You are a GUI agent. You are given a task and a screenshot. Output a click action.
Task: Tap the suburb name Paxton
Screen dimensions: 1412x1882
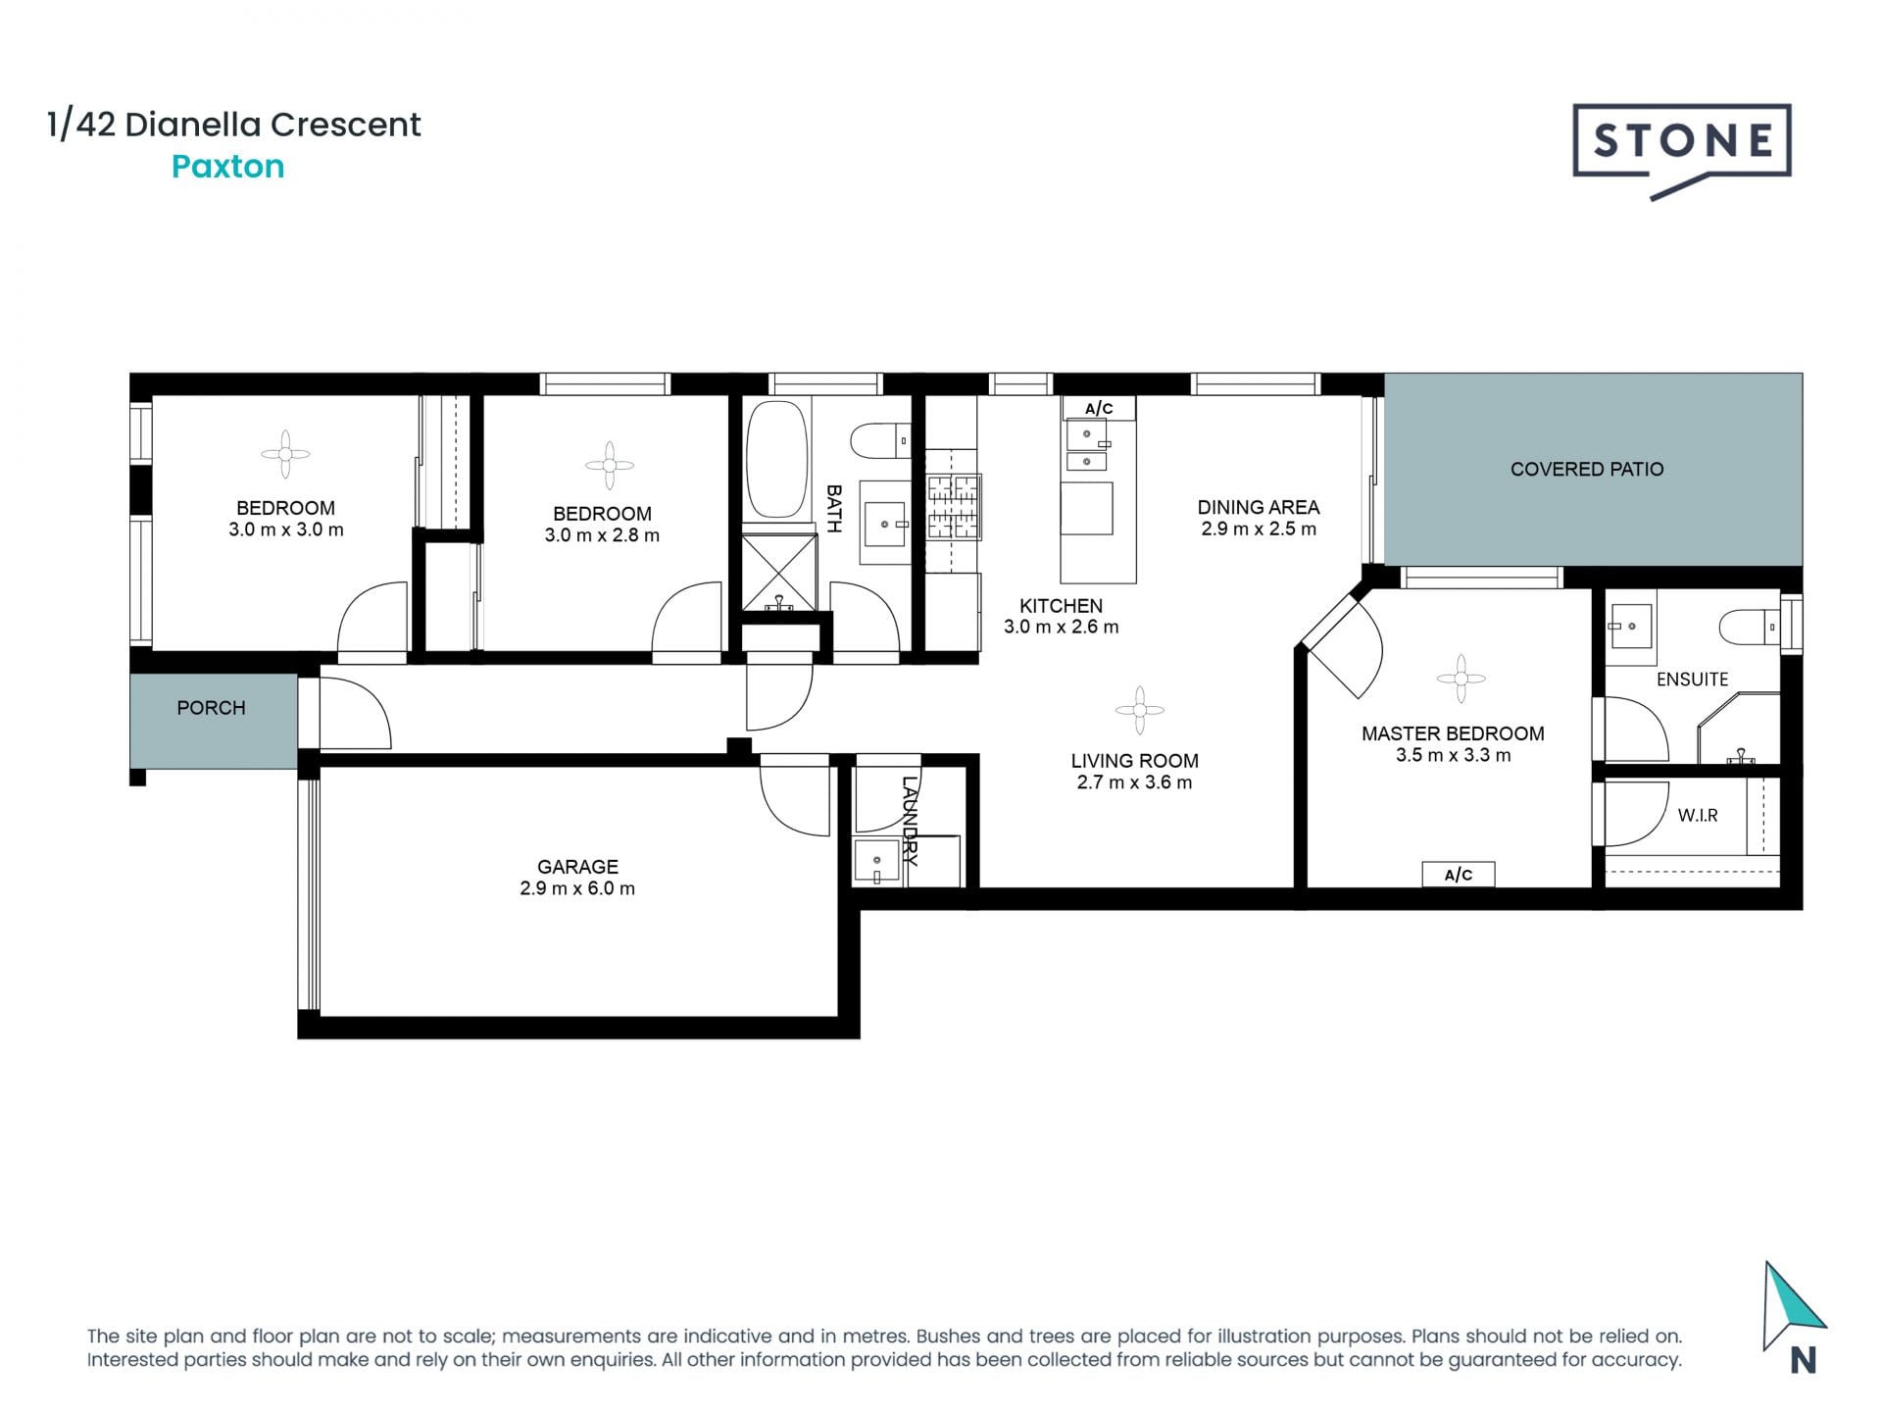[x=227, y=167]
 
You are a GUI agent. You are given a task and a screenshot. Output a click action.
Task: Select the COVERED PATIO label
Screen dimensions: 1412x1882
[x=1586, y=469]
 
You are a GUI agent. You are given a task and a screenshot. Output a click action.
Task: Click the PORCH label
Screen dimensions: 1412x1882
[x=211, y=708]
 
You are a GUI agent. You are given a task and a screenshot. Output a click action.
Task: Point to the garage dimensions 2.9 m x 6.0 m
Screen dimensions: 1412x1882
[x=577, y=888]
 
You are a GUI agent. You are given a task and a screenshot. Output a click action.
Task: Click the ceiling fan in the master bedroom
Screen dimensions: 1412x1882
[x=1461, y=679]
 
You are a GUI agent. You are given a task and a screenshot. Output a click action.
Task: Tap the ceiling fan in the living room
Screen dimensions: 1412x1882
[x=1139, y=710]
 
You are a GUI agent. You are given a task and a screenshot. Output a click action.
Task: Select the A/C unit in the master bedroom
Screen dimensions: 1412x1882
[x=1459, y=875]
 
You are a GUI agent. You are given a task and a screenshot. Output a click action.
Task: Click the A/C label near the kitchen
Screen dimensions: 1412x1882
[x=1099, y=409]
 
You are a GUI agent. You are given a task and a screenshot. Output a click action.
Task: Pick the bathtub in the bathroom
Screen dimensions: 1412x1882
[x=776, y=459]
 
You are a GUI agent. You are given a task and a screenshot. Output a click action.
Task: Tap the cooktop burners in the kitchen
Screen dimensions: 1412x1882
[x=954, y=507]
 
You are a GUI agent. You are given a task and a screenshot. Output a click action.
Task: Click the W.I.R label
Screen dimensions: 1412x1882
[x=1697, y=816]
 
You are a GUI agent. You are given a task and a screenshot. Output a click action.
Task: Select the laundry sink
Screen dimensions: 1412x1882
[x=877, y=862]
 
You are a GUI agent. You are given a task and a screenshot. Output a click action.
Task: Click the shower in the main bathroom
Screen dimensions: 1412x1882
[x=779, y=572]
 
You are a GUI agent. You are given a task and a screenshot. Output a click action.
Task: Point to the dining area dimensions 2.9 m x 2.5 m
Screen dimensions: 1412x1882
[x=1258, y=529]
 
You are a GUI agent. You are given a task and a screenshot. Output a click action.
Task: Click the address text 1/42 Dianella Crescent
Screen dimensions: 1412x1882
[x=234, y=125]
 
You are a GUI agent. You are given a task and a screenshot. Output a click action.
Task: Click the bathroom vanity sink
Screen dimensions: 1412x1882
[x=886, y=523]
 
